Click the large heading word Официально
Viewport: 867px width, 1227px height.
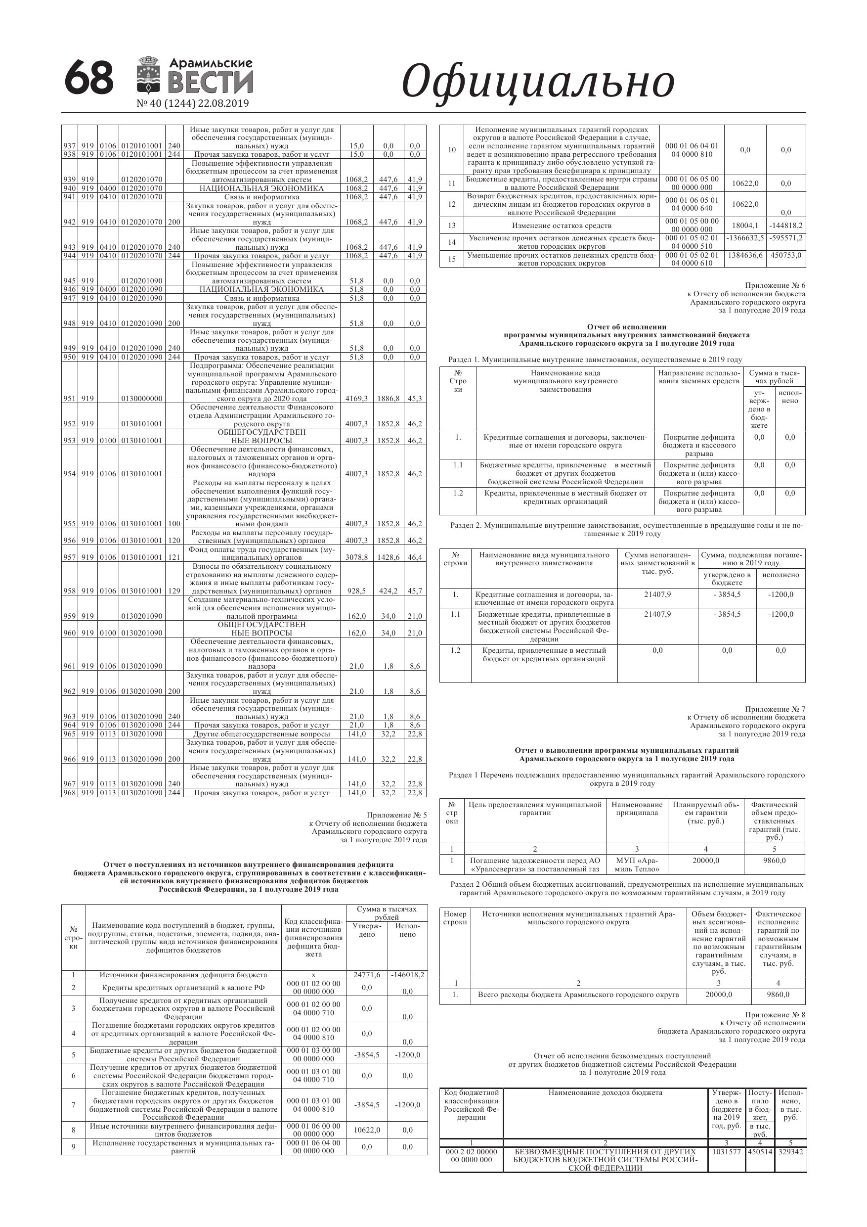[537, 82]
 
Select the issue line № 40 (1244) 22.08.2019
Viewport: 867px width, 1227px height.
[193, 104]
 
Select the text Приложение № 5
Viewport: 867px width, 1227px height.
[396, 815]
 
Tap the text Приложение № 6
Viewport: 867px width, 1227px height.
[775, 286]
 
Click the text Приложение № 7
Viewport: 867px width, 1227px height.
[775, 709]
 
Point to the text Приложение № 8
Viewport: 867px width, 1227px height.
[775, 1015]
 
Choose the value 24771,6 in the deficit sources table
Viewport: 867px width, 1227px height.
[367, 975]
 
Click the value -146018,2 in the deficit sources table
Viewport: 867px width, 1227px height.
[408, 975]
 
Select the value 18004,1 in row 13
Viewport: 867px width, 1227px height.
[745, 226]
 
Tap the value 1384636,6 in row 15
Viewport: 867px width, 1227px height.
[745, 256]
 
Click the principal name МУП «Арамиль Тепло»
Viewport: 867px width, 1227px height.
[637, 864]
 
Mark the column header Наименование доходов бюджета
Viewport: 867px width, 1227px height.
[605, 1093]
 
